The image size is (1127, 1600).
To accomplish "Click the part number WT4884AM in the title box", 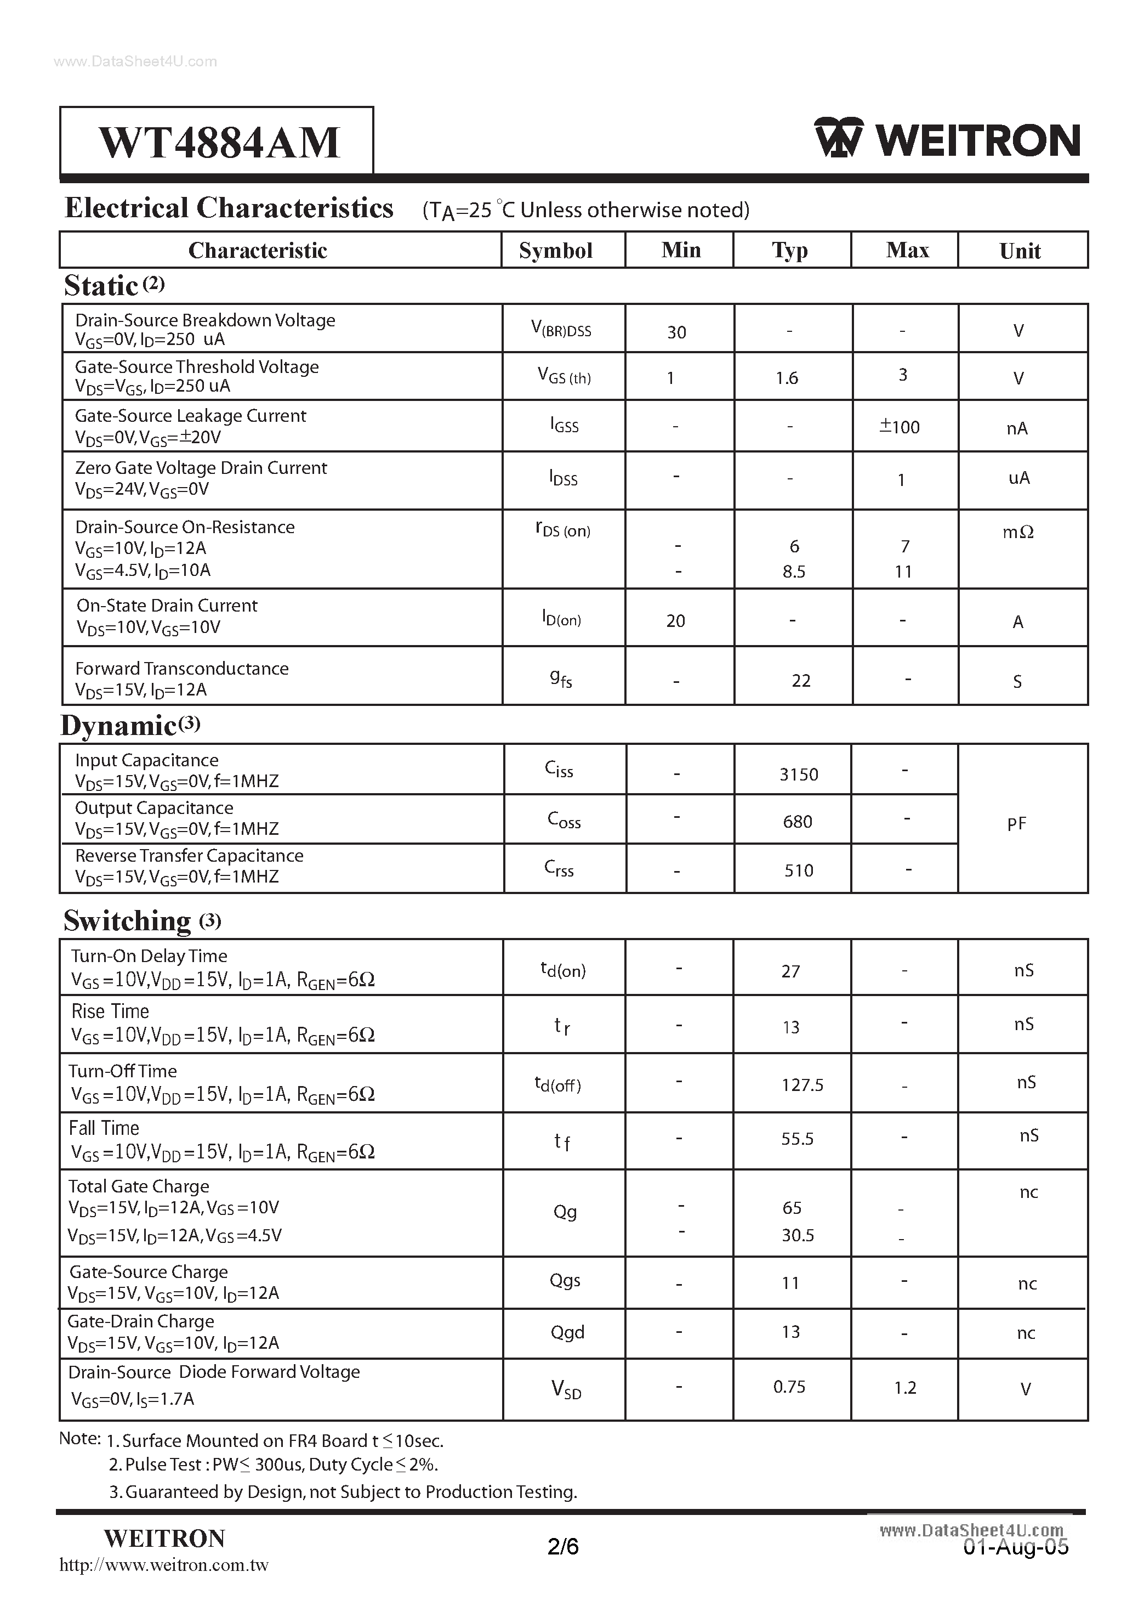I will click(219, 142).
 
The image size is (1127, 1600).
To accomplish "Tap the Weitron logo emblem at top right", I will click(838, 138).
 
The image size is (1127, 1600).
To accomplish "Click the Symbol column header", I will click(555, 251).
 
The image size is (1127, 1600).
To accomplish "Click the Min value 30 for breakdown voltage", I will click(676, 332).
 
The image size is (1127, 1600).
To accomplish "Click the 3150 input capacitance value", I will click(798, 774).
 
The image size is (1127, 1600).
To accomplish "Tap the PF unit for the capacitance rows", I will click(1016, 824).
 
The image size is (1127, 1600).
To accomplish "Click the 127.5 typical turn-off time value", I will click(802, 1085).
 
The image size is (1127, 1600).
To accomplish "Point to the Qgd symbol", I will click(567, 1332).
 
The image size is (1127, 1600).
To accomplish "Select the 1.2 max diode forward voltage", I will click(905, 1388).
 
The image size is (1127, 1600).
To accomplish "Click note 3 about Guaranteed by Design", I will click(343, 1492).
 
